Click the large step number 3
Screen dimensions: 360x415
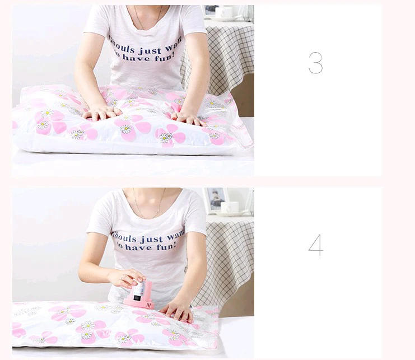pos(316,63)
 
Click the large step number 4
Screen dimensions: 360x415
pos(316,245)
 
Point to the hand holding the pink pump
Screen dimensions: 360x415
pos(128,278)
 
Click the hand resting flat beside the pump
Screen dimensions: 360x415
pos(178,310)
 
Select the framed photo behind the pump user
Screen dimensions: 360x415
pos(215,199)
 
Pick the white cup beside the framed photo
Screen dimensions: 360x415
pos(230,207)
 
